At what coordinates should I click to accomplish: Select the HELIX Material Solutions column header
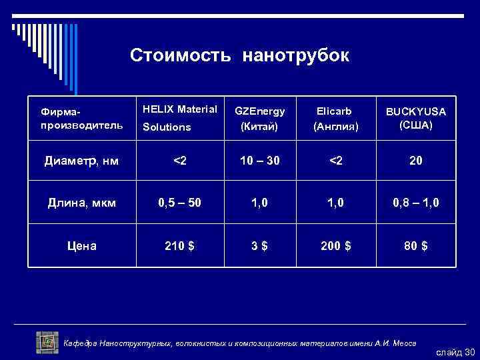(180, 117)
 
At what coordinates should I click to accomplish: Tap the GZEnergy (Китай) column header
(259, 118)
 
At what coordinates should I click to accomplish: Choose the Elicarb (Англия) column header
(337, 118)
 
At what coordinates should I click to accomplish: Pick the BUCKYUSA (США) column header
(415, 118)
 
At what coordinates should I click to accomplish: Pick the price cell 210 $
(180, 245)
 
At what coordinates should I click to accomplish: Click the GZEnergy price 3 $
(259, 245)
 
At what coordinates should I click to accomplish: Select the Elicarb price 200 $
(337, 245)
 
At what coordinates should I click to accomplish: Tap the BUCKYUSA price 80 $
(415, 245)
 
